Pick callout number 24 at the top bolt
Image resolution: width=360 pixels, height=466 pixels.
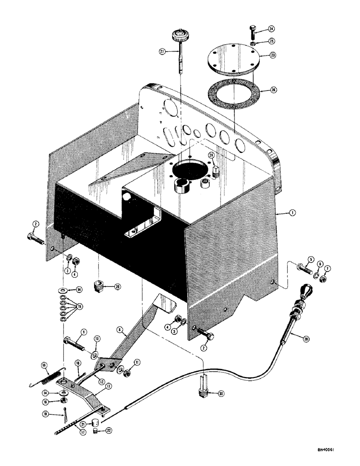[x=272, y=29]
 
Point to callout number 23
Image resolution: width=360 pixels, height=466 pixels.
[x=273, y=55]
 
